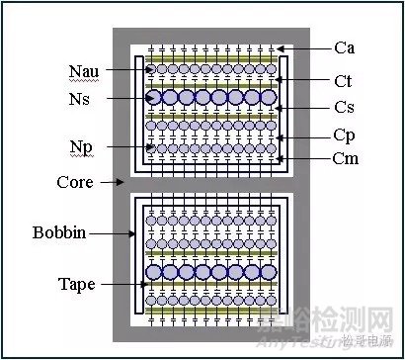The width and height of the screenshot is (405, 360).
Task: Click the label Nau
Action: point(84,70)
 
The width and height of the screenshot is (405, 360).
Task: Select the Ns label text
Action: point(80,99)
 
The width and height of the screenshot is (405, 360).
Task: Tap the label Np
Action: point(80,146)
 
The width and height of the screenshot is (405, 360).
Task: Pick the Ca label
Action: point(345,46)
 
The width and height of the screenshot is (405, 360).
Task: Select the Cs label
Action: point(344,108)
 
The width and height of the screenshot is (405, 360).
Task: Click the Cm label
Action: point(346,157)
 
